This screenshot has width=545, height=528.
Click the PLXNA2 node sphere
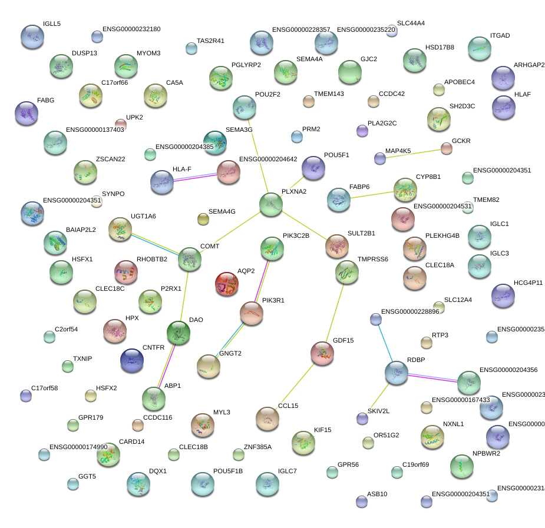270,204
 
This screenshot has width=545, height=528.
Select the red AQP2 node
227,284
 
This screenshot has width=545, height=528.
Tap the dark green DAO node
179,333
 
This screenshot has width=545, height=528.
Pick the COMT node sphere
189,259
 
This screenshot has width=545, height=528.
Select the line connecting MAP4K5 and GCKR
414,154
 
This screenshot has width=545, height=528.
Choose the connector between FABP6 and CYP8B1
372,194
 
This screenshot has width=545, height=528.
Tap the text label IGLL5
52,24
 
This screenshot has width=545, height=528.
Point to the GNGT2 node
208,367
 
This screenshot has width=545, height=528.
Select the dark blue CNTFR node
131,361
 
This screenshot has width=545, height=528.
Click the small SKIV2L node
362,419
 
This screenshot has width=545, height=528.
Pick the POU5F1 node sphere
313,168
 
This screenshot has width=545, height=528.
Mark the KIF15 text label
322,430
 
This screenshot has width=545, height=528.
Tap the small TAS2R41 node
191,48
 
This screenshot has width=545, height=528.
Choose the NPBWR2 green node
461,466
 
